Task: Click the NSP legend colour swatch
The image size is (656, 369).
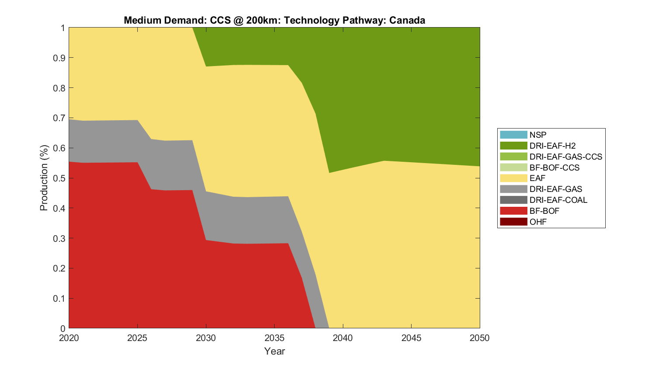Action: pyautogui.click(x=513, y=135)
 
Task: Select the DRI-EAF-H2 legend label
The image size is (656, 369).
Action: pyautogui.click(x=552, y=146)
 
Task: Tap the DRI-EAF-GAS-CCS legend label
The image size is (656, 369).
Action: pyautogui.click(x=565, y=157)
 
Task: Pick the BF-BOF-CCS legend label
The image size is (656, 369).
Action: pyautogui.click(x=554, y=167)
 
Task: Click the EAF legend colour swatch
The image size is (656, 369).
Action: pyautogui.click(x=513, y=178)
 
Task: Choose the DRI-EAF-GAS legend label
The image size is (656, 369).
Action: pyautogui.click(x=555, y=189)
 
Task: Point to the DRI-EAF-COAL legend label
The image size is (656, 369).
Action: pyautogui.click(x=558, y=200)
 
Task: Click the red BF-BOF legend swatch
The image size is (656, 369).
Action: pyautogui.click(x=513, y=211)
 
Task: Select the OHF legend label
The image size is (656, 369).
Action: pyautogui.click(x=538, y=222)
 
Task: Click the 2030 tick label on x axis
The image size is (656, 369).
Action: pyautogui.click(x=206, y=338)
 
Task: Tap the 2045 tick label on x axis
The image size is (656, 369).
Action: pyautogui.click(x=412, y=338)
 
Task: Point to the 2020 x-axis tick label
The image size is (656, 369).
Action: pyautogui.click(x=69, y=338)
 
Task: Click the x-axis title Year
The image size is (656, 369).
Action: pyautogui.click(x=275, y=351)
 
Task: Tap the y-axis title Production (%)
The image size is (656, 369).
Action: pyautogui.click(x=44, y=178)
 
